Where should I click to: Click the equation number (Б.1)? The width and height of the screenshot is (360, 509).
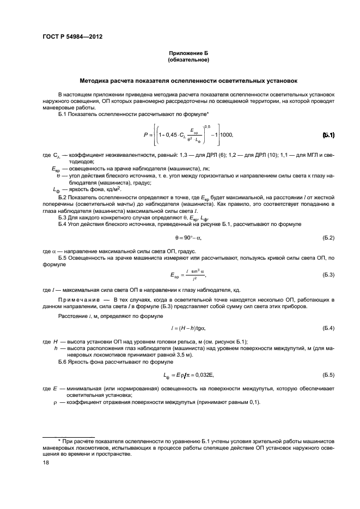coord(328,134)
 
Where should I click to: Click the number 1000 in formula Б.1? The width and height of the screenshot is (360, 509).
coord(226,134)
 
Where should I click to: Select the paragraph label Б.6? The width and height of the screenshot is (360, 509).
coord(64,363)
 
